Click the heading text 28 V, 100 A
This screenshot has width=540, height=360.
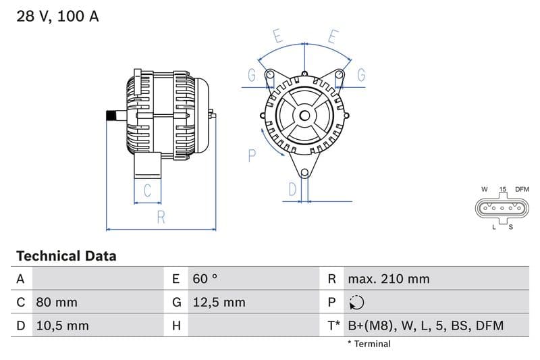coord(57,16)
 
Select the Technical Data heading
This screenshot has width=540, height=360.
coord(66,256)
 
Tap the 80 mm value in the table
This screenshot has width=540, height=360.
coord(57,302)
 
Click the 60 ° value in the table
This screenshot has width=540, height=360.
coord(205,278)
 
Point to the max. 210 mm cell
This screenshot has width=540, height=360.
coord(388,278)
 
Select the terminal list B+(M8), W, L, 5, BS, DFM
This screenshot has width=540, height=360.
coord(425,326)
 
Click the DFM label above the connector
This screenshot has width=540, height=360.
coord(522,190)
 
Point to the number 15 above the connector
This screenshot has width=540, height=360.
coord(503,190)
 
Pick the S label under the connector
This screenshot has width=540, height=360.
coord(511,227)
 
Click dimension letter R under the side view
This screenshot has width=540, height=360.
coord(161,217)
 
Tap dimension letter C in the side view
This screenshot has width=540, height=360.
coord(147,190)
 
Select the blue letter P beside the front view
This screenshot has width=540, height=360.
coord(252,156)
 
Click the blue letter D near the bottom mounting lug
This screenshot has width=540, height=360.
coord(292,190)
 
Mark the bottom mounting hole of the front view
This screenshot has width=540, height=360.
coord(304,174)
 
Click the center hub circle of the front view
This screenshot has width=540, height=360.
coord(304,115)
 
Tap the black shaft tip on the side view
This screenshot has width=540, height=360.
coord(110,115)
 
